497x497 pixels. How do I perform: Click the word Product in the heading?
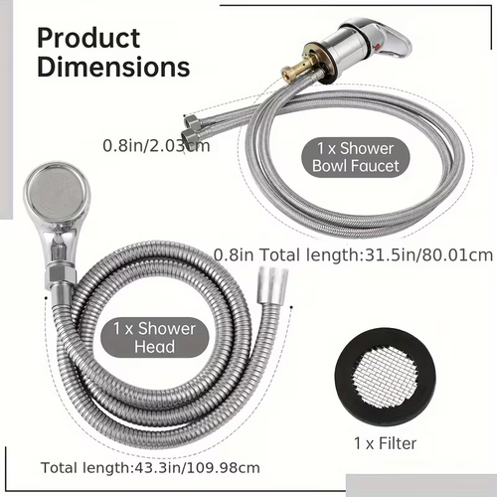pyautogui.click(x=88, y=38)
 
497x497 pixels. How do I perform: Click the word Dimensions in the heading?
pyautogui.click(x=113, y=67)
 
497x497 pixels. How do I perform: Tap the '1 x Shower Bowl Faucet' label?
pyautogui.click(x=356, y=157)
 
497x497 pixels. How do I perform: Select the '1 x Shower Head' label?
pyautogui.click(x=155, y=337)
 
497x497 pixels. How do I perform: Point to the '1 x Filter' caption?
pyautogui.click(x=385, y=443)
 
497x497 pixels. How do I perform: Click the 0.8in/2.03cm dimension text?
pyautogui.click(x=156, y=146)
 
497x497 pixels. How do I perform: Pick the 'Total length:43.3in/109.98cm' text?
pyautogui.click(x=150, y=468)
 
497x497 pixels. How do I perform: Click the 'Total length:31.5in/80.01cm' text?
pyautogui.click(x=376, y=255)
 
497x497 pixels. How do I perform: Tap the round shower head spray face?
pyautogui.click(x=57, y=192)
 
